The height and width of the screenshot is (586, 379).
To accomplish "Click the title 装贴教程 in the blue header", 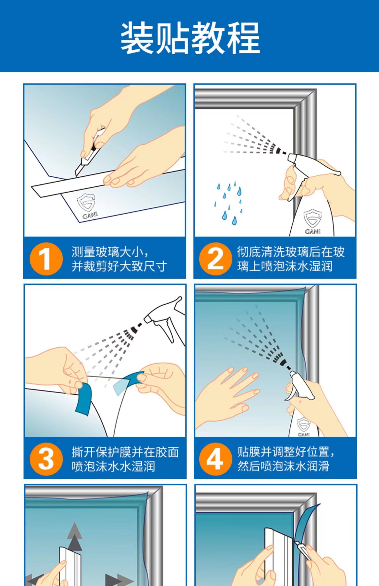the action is coord(190,38).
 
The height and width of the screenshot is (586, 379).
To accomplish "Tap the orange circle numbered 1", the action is coord(46,259).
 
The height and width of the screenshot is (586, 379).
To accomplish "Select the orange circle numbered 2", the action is coord(215,259).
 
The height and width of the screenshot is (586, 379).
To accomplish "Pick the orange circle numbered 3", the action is coord(46,459).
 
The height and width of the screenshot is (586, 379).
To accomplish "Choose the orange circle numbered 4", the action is coord(215,459).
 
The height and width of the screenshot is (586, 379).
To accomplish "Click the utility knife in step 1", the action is coord(90,153).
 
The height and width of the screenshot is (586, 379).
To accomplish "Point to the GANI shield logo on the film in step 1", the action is coord(87,206).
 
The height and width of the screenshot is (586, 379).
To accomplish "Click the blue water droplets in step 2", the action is coord(229,203).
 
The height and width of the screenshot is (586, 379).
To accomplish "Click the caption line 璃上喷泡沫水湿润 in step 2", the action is coord(285,266).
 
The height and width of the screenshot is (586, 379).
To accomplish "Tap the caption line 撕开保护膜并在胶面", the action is coord(125,452).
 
